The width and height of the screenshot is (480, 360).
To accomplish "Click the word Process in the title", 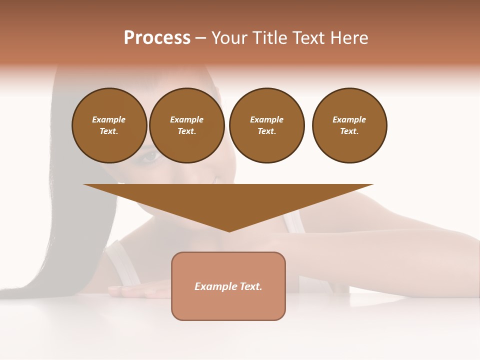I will pyautogui.click(x=157, y=38).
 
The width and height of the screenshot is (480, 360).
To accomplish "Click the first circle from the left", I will pyautogui.click(x=109, y=125).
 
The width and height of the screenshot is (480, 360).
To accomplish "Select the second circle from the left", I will pyautogui.click(x=186, y=125).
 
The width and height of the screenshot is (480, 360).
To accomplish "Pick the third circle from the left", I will pyautogui.click(x=266, y=125).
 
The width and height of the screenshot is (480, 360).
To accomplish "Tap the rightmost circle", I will pyautogui.click(x=349, y=125).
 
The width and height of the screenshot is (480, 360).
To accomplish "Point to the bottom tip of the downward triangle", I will pyautogui.click(x=229, y=231).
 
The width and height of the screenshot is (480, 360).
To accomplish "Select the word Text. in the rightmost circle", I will pyautogui.click(x=349, y=131).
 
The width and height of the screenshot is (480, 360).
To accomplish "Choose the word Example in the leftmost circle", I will pyautogui.click(x=109, y=119).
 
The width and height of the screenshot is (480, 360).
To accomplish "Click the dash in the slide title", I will pyautogui.click(x=200, y=38).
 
